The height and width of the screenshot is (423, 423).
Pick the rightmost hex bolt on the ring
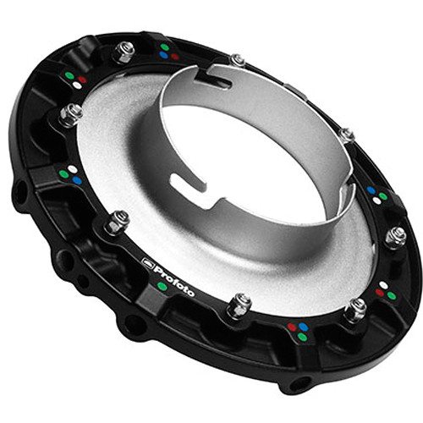click(x=394, y=237)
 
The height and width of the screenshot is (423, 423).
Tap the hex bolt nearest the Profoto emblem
click(x=118, y=222)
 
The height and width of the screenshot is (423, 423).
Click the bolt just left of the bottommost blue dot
click(x=239, y=304)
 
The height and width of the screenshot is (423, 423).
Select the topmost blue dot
click(x=163, y=55)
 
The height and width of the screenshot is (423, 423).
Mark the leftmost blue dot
click(x=77, y=180)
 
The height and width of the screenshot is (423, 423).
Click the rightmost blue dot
click(x=372, y=190)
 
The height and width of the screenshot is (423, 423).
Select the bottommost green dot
click(x=302, y=337)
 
